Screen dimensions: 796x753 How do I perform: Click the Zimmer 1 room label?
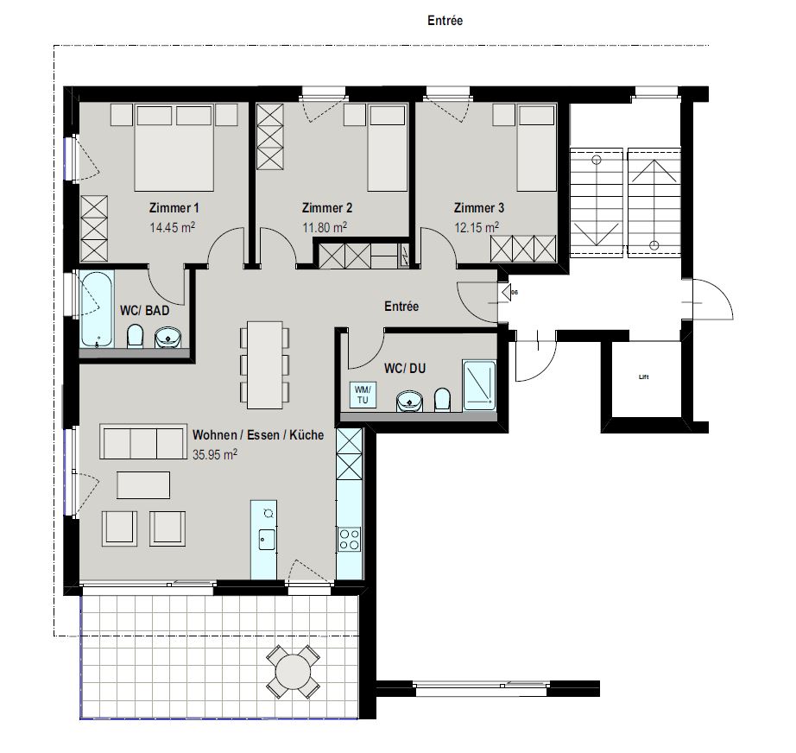(174, 207)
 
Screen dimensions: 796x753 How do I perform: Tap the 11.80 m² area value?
(325, 227)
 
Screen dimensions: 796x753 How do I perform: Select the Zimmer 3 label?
(478, 207)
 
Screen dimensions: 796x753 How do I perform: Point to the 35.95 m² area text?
(215, 454)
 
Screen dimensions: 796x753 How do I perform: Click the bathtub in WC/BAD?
(97, 309)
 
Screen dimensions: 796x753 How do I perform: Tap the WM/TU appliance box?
(363, 395)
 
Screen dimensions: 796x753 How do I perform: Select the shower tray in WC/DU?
(478, 385)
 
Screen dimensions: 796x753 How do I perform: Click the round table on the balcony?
(293, 672)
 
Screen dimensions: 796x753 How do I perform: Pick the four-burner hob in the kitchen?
(350, 539)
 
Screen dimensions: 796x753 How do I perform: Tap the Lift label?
(644, 376)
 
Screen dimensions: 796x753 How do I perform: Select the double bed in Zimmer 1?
(174, 148)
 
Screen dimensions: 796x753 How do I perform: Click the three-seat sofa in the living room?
(142, 442)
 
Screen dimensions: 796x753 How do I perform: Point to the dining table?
(264, 364)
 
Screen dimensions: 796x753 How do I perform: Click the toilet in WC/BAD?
(136, 336)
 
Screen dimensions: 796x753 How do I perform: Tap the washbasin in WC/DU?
(409, 402)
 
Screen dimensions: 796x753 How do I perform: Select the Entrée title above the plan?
(445, 21)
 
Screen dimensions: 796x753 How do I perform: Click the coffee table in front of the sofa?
(143, 485)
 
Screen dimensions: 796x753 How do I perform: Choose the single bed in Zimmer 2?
(388, 148)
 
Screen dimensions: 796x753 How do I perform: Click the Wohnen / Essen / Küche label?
(258, 434)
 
